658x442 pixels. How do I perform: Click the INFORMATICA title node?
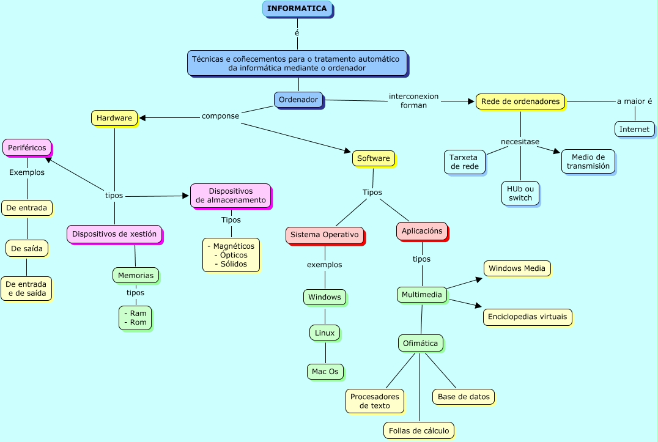(x=297, y=9)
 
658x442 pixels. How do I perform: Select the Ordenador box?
(x=298, y=100)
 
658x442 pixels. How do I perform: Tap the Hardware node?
(x=114, y=118)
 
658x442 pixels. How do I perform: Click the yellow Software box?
(x=373, y=158)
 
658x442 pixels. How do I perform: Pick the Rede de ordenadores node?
(x=520, y=101)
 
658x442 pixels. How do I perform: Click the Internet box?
(x=634, y=129)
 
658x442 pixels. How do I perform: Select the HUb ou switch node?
(x=520, y=193)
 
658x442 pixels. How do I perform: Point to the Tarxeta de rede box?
(x=465, y=162)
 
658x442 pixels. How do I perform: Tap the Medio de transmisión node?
(x=588, y=161)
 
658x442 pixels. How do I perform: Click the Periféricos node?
(x=27, y=147)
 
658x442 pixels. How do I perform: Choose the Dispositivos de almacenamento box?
(x=231, y=196)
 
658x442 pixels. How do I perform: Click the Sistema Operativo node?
(x=324, y=235)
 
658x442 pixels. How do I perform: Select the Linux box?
(x=325, y=333)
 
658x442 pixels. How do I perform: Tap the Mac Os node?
(x=325, y=371)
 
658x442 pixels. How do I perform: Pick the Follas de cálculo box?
(x=419, y=430)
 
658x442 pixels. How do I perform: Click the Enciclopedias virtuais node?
(x=528, y=317)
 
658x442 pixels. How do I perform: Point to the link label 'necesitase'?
(x=520, y=142)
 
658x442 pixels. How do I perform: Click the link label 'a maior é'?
(x=634, y=101)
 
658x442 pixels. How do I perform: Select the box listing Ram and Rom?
(x=135, y=317)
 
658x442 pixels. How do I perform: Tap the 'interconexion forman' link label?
(x=413, y=100)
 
